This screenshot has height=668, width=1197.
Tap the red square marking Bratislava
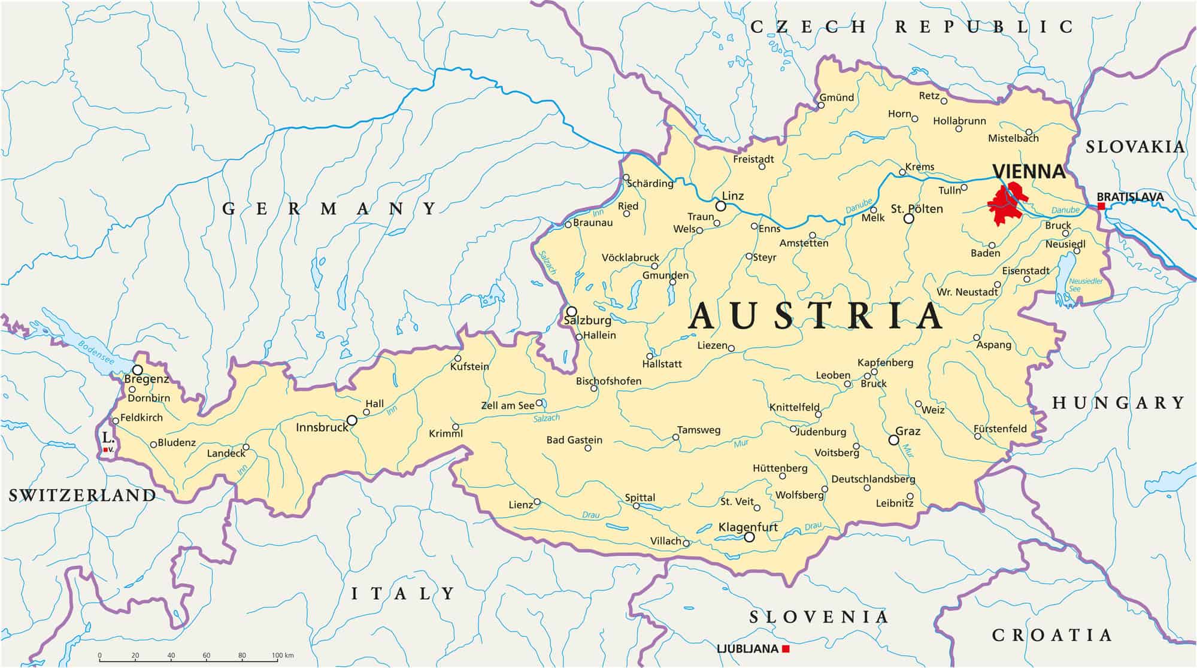[1101, 206]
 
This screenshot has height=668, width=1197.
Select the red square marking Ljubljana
[786, 649]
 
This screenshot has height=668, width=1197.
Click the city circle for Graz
[894, 440]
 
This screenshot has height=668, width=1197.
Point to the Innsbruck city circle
[352, 420]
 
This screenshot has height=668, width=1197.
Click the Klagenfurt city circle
[749, 537]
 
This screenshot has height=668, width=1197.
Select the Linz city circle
[721, 206]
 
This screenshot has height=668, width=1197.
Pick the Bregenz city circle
[138, 370]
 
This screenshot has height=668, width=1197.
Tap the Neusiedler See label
[1085, 285]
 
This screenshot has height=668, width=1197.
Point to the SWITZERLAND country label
[82, 495]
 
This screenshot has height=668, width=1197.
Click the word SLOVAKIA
[1135, 147]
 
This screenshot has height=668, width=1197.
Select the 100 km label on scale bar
[283, 655]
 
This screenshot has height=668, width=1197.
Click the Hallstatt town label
[662, 364]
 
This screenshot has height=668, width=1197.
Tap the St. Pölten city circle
[909, 218]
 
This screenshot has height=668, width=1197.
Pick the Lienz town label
[520, 505]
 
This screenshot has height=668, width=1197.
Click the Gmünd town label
[837, 98]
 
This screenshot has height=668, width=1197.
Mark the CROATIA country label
[1052, 635]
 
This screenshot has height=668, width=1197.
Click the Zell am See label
[507, 406]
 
